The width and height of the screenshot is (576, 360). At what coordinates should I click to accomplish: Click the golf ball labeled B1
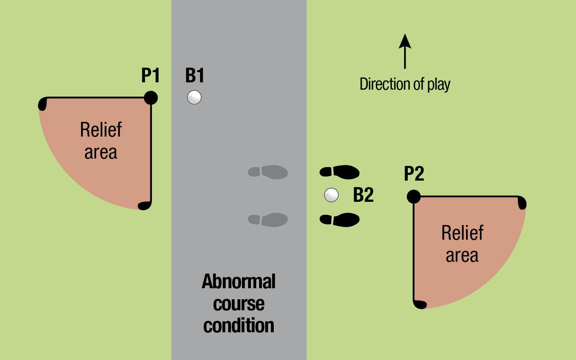[194, 97]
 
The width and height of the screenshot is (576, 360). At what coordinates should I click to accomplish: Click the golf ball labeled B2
[331, 195]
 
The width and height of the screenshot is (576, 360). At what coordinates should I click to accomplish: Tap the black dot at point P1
[151, 98]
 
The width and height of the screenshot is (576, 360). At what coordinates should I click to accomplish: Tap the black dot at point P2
[413, 197]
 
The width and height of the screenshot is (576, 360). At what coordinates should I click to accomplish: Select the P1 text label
[150, 75]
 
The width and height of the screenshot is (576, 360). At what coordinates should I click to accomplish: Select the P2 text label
[414, 174]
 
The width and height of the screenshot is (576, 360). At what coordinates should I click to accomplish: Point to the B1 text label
[195, 75]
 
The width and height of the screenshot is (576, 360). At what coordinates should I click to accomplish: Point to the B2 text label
[363, 195]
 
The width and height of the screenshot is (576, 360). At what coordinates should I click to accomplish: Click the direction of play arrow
[405, 51]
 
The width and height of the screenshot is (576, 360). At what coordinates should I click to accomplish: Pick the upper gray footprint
[268, 172]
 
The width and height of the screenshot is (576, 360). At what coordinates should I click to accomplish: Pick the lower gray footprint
[268, 220]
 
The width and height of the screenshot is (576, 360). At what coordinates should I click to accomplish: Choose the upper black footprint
[340, 172]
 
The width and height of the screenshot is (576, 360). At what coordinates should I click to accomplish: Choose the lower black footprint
[340, 220]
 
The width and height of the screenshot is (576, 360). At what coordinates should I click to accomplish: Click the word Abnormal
[239, 281]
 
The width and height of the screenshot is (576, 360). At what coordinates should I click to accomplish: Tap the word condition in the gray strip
[239, 325]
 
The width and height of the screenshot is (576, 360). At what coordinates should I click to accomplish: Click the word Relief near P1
[101, 130]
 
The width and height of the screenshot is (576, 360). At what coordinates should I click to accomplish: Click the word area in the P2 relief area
[462, 256]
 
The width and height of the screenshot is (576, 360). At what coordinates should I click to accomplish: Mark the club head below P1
[144, 205]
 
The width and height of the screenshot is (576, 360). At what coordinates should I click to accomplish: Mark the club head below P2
[420, 304]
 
